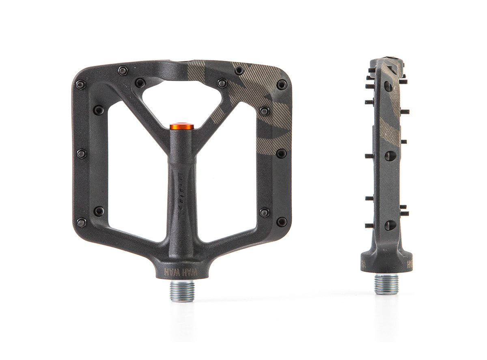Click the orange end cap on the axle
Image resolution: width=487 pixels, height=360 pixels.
coord(182,127)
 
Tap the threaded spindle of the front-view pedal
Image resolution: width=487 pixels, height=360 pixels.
coord(182,291)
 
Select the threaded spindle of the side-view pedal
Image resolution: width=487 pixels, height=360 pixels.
coord(386,284)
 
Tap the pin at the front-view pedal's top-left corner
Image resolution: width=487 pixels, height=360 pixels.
coord(80,84)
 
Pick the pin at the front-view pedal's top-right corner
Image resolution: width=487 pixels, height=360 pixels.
coord(282,84)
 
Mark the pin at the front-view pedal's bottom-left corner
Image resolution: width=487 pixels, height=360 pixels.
coord(81,222)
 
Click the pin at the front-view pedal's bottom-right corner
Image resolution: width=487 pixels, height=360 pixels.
coord(282,222)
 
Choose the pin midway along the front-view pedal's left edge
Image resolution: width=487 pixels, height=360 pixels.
coord(81,153)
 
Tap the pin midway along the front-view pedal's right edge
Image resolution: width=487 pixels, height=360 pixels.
coord(281,153)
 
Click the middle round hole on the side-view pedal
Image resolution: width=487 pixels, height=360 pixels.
coord(389,156)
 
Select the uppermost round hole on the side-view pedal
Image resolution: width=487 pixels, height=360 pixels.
coord(388,86)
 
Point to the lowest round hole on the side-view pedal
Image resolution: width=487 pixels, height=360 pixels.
coord(389,225)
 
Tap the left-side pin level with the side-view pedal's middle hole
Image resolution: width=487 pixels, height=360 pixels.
coord(369,156)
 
